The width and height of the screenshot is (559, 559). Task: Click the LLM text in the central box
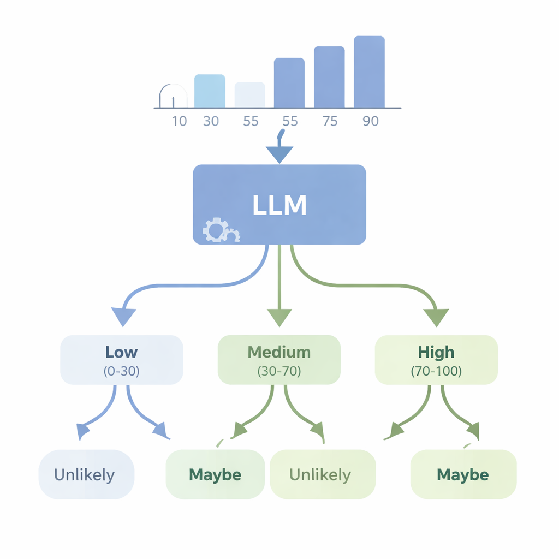[279, 205]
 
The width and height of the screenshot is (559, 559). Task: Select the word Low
[122, 352]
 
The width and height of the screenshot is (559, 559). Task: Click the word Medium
[279, 352]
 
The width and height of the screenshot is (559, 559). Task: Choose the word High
[436, 352]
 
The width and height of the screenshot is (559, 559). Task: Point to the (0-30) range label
[122, 371]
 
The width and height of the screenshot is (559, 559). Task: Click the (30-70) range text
[279, 371]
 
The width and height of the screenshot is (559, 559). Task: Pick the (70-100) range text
[436, 371]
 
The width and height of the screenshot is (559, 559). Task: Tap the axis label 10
[179, 121]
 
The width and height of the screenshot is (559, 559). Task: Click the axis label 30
[211, 121]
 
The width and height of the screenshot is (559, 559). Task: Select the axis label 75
[330, 121]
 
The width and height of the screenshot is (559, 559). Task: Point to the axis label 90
[370, 121]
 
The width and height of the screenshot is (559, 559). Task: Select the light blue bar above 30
[210, 91]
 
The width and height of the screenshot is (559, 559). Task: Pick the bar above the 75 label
[329, 77]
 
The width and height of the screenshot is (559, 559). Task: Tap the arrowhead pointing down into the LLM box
[279, 155]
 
